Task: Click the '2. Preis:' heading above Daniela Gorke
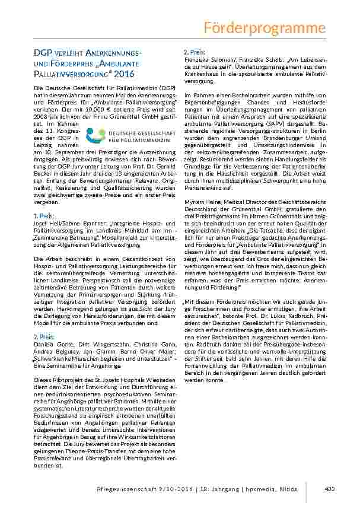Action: [45, 336]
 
